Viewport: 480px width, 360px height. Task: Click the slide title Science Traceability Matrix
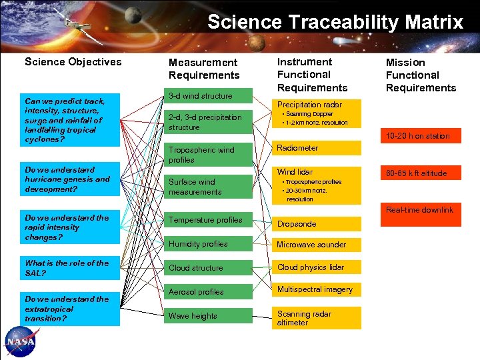point(335,22)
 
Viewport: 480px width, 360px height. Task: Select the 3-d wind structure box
point(209,96)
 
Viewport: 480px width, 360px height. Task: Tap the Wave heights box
point(209,316)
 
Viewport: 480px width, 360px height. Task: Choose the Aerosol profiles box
point(209,292)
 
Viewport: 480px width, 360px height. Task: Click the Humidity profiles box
point(209,244)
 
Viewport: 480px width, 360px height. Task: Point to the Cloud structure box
point(209,268)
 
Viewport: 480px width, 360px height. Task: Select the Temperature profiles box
point(209,220)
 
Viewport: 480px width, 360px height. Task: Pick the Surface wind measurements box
point(209,187)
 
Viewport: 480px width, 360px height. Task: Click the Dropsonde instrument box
point(316,224)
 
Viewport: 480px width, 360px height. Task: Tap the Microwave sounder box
point(316,245)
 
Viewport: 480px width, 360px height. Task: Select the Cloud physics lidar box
point(316,267)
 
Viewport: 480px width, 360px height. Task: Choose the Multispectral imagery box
point(316,289)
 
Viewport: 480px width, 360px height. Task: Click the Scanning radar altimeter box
point(316,318)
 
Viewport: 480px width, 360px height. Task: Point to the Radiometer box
point(316,148)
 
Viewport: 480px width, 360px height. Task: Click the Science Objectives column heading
point(73,62)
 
